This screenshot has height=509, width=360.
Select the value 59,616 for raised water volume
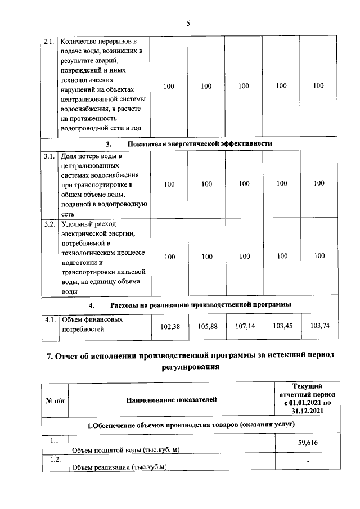(307, 443)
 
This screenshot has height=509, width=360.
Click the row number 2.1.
(50, 42)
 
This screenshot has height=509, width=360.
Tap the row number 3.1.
(50, 156)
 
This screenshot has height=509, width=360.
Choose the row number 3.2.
(50, 225)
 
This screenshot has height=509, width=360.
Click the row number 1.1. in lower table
(55, 440)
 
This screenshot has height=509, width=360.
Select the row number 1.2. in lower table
(55, 460)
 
